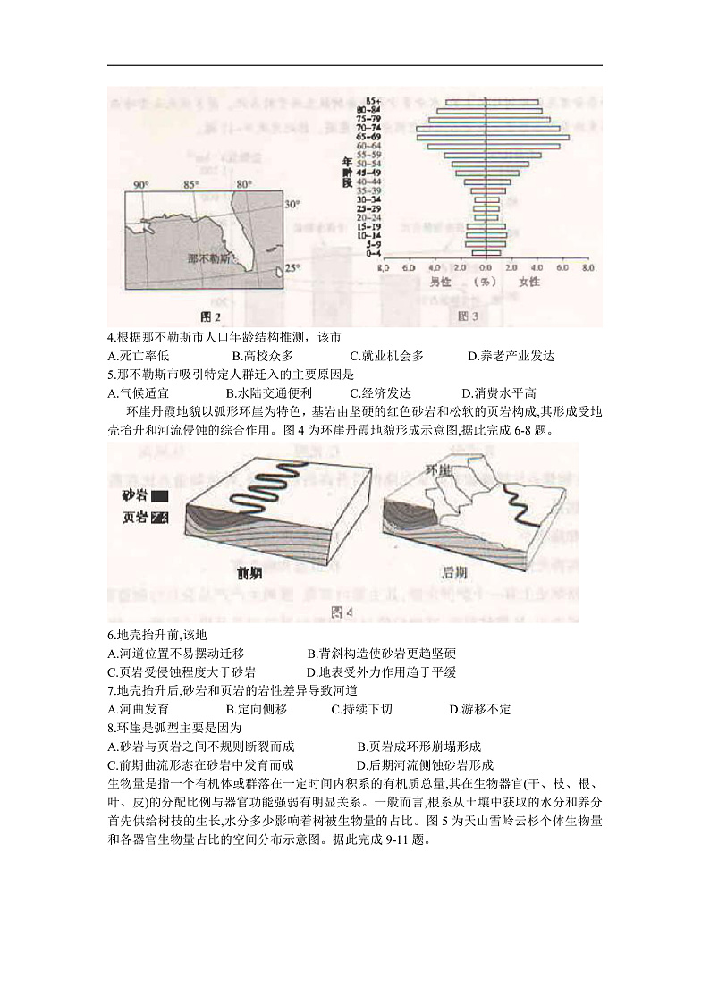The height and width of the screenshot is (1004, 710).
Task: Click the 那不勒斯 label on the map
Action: pos(208,259)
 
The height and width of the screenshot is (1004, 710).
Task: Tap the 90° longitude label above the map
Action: pos(141,185)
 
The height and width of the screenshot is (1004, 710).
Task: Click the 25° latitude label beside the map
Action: pos(292,267)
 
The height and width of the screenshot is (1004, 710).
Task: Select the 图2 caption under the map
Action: pos(209,316)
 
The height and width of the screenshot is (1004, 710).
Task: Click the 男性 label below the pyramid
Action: pos(440,282)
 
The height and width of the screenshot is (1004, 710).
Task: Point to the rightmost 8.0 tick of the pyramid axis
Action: pos(589,267)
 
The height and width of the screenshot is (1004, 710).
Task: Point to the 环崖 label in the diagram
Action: pos(437,469)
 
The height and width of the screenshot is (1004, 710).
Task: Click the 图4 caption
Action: pos(343,612)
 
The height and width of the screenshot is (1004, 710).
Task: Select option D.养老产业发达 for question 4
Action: pos(511,356)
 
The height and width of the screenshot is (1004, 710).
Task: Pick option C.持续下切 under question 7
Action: pos(361,709)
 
